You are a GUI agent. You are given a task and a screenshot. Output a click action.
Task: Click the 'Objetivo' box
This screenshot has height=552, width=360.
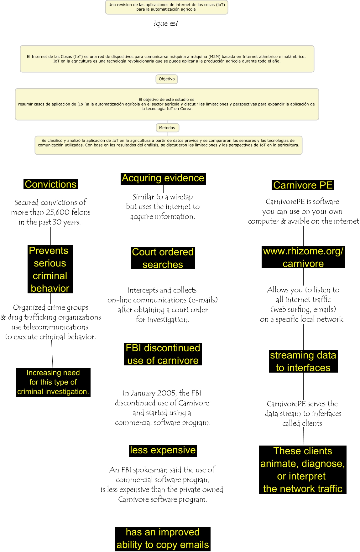coord(167,79)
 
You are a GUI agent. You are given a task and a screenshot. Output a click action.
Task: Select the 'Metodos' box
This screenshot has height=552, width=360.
coord(167,128)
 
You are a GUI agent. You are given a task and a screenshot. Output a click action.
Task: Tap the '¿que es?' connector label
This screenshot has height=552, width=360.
coord(166,23)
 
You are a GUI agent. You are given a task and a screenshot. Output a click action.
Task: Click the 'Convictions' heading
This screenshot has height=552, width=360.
coord(51,184)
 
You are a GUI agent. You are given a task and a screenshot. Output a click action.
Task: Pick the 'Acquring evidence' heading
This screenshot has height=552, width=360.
coord(163,178)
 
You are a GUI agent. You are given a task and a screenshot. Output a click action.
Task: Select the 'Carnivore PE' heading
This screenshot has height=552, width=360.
coord(303,185)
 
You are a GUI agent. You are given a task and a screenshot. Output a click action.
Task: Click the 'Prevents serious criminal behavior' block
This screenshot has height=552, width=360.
coord(50,269)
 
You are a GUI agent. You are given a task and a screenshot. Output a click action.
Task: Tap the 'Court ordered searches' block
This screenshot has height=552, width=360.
coord(163,258)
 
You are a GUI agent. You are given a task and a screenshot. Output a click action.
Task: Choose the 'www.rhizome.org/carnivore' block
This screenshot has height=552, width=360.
coord(303,257)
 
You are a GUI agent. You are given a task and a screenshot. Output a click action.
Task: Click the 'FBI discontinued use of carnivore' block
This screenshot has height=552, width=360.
coord(163,354)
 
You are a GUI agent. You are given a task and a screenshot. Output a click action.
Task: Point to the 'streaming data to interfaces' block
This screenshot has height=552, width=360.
coord(303,361)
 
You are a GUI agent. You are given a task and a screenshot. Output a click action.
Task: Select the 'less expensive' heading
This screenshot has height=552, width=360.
coord(163,450)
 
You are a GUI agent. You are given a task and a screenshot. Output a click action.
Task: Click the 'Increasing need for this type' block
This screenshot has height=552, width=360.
coord(53,382)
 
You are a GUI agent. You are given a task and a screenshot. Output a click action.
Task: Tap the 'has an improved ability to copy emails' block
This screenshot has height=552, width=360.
coord(163,539)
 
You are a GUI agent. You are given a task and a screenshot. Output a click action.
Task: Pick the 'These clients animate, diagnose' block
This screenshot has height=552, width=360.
coord(302,470)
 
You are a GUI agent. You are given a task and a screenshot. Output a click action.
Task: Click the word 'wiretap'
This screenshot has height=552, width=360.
coord(181,197)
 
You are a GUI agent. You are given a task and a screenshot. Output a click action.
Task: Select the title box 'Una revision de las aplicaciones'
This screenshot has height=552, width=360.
coord(166,7)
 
